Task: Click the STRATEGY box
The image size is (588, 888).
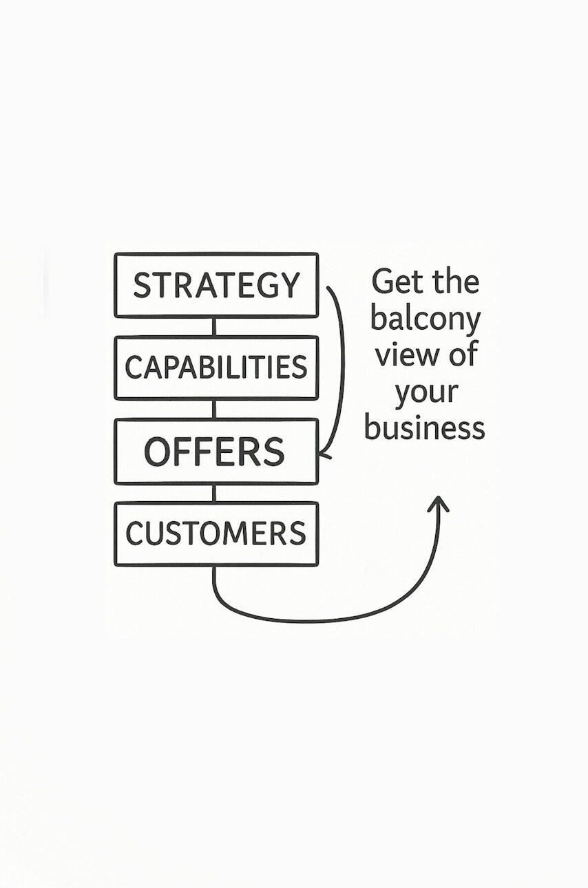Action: [x=216, y=285]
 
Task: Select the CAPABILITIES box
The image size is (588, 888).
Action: [x=216, y=368]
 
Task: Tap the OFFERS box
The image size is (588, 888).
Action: [x=216, y=452]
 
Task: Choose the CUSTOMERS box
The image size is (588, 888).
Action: [x=216, y=533]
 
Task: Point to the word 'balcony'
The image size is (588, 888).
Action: [x=425, y=319]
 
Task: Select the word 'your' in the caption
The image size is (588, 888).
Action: [x=426, y=393]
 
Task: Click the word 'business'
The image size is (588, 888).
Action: [x=425, y=428]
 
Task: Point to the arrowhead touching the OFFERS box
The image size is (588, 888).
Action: [x=324, y=454]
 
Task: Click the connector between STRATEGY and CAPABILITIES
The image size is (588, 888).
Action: [x=214, y=326]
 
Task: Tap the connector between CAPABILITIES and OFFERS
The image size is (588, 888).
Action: [x=214, y=409]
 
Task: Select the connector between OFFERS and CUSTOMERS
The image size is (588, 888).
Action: [x=214, y=493]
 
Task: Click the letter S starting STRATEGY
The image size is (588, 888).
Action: [x=142, y=285]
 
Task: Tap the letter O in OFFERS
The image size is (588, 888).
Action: [x=158, y=452]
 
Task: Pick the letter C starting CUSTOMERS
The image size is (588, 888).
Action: [x=134, y=533]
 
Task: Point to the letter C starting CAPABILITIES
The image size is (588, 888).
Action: [x=133, y=368]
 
